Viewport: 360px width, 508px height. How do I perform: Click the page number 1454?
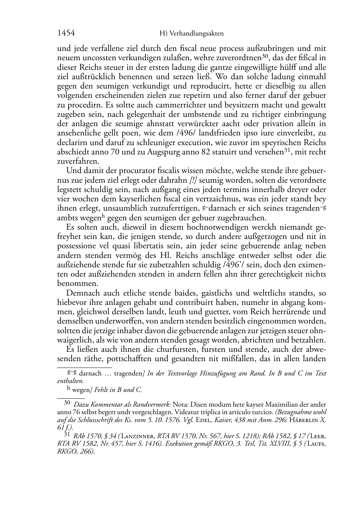(66, 33)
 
